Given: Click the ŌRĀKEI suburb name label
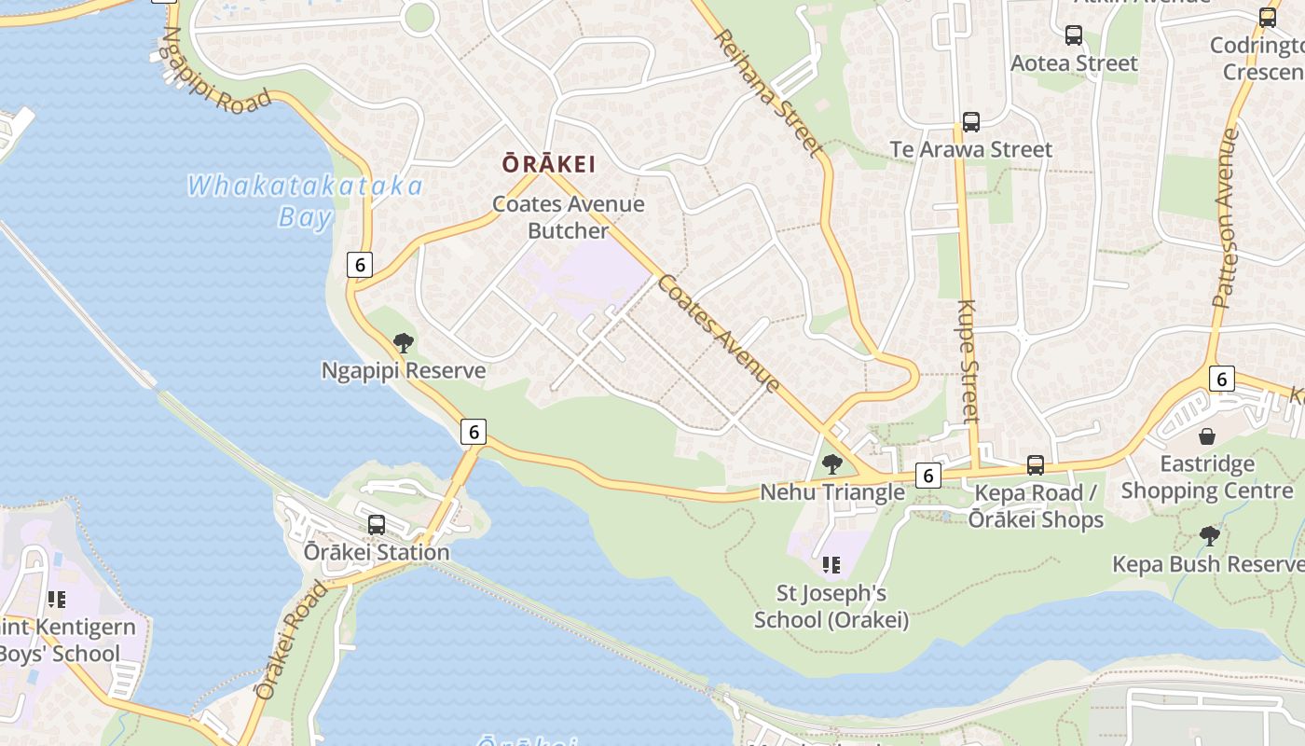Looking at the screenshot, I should pos(548,164).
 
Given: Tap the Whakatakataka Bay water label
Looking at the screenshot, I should pos(306,200).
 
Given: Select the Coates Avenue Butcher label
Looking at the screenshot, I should pos(569,217).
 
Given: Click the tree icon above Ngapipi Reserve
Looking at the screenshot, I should pos(404,343).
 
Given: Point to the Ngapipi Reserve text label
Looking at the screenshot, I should pos(404,370).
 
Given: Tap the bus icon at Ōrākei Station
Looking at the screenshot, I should pos(377,525).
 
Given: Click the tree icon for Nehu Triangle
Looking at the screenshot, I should pos(832,464).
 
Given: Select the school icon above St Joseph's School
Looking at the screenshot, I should pos(831,564).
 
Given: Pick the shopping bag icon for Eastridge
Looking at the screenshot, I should pos(1207,436).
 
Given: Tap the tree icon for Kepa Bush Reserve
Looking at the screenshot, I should pos(1210,536).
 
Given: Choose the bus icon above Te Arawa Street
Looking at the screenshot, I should pos(971,121).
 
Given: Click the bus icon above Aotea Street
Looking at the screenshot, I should pos(1074,35).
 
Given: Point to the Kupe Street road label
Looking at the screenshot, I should pos(968,360).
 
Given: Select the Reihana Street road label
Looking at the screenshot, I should pos(769,92).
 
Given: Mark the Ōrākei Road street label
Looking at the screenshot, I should pos(292,641).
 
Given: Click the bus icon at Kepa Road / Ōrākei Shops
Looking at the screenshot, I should pos(1036,465).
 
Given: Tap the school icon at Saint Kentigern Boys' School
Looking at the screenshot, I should pos(57,599).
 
